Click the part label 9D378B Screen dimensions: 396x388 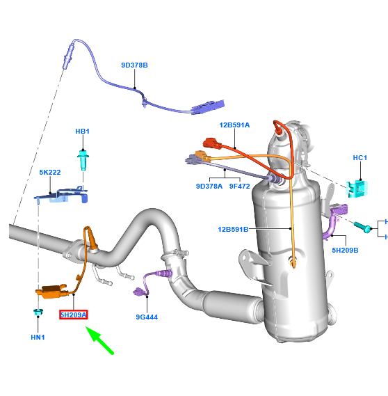point(134,65)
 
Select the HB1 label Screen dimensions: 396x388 point(83,131)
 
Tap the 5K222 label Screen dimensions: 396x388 point(50,173)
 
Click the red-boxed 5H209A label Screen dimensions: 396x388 point(73,315)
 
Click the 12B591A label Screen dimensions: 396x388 point(234,125)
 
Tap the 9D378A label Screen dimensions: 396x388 point(209,186)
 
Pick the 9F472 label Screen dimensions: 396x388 point(240,186)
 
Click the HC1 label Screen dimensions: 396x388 point(359,158)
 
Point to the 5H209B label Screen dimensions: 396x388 point(346,250)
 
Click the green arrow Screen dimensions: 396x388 point(100,341)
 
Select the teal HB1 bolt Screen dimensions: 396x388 point(83,160)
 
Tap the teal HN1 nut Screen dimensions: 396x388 point(39,312)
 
